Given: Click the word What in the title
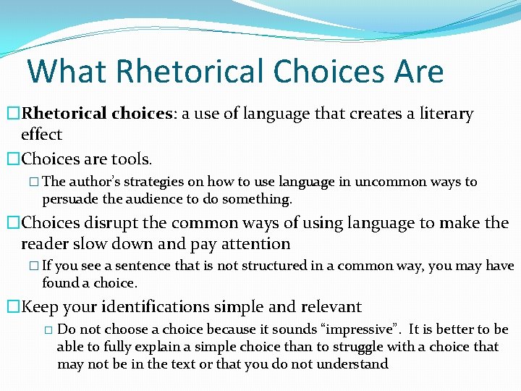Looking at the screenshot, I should [66, 72].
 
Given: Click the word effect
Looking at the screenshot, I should [42, 134].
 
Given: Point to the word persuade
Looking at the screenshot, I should [68, 198].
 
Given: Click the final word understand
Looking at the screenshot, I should [353, 363].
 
